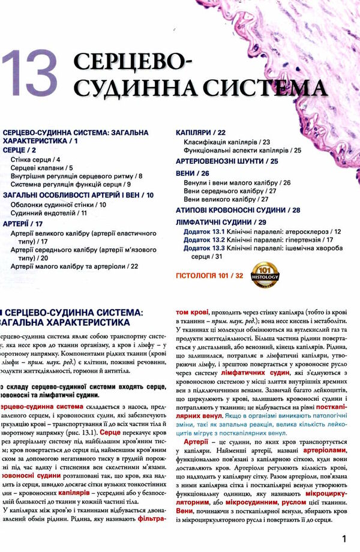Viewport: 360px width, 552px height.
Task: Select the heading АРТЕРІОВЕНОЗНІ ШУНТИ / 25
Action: pos(226,161)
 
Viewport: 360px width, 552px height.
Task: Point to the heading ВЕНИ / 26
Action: pos(191,173)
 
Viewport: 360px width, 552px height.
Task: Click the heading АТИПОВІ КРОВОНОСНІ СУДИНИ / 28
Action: pos(238,210)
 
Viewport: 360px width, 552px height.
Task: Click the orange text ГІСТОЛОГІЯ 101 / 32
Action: pos(208,275)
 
